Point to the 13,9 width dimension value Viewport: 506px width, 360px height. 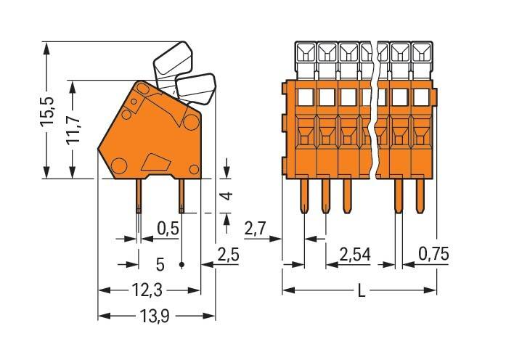[157, 316]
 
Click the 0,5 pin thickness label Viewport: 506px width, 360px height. [168, 229]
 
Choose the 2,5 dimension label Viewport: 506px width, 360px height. [229, 256]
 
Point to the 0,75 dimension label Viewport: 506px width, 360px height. [435, 255]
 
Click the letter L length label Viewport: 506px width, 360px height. [360, 292]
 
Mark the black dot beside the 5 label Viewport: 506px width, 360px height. [181, 263]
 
